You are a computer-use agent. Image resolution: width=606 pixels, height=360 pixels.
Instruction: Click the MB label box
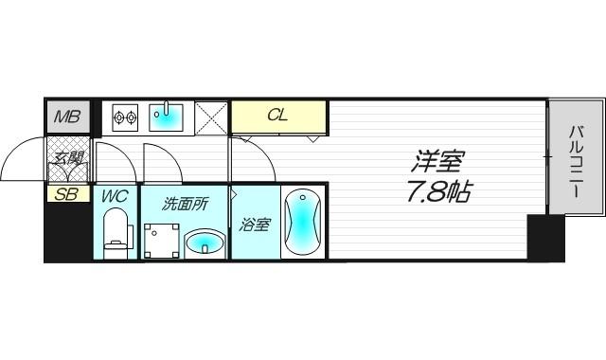[x=66, y=118]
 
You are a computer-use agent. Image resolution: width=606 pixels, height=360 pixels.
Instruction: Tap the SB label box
[x=66, y=195]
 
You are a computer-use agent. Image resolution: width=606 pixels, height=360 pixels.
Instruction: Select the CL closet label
[x=278, y=117]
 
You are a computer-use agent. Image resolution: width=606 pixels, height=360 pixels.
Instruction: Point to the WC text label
[x=116, y=198]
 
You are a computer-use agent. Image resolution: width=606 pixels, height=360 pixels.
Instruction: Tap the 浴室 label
[x=255, y=225]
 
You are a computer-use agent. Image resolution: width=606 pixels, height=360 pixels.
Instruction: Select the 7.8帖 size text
[x=436, y=192]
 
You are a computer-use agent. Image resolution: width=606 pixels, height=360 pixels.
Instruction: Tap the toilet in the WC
[x=116, y=233]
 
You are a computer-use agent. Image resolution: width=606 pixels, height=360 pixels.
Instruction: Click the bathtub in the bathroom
[x=304, y=224]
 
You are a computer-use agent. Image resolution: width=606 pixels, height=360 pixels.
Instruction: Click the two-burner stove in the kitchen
[x=126, y=118]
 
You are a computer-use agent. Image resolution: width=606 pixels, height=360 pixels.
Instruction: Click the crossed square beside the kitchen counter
[x=211, y=118]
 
